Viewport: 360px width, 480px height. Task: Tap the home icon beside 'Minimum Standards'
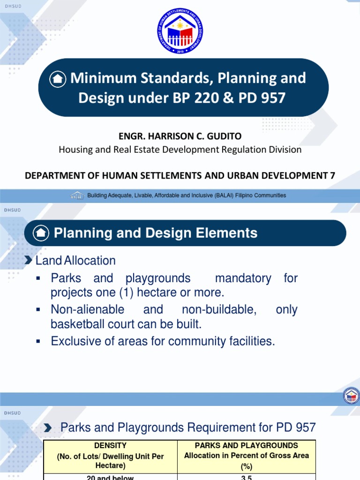(x=58, y=79)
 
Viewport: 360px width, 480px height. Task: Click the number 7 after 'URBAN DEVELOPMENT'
(x=332, y=175)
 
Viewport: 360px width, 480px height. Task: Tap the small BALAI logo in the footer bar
(x=77, y=195)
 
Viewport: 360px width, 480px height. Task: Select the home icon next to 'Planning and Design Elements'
(x=41, y=233)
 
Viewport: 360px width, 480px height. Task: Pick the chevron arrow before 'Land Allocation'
(x=29, y=260)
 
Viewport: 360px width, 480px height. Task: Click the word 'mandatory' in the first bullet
(x=243, y=278)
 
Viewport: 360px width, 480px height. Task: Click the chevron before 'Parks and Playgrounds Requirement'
(x=48, y=427)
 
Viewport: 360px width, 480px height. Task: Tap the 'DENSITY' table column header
(x=110, y=445)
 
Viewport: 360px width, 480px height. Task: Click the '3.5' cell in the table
(x=247, y=477)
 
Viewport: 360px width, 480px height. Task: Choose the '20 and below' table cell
(x=110, y=477)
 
